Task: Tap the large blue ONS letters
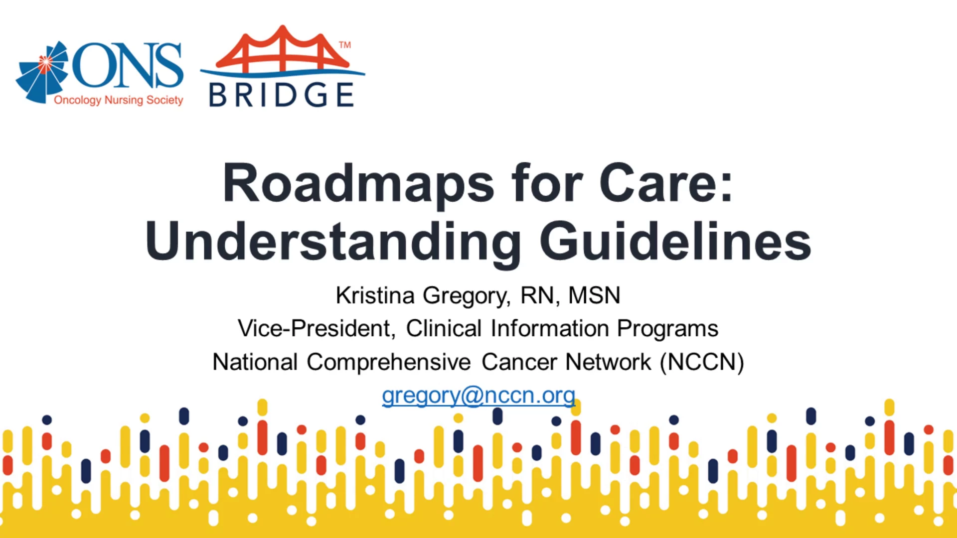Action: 128,65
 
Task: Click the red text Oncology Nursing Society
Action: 119,100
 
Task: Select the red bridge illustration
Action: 282,49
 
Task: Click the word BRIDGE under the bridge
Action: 282,95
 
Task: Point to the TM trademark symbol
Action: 345,45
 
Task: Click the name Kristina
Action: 375,295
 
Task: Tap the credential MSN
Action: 594,295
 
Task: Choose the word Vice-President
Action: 317,329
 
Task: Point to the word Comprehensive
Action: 388,362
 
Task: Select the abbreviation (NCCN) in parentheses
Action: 702,362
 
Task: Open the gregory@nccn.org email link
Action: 478,396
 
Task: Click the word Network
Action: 608,362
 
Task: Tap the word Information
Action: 549,329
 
